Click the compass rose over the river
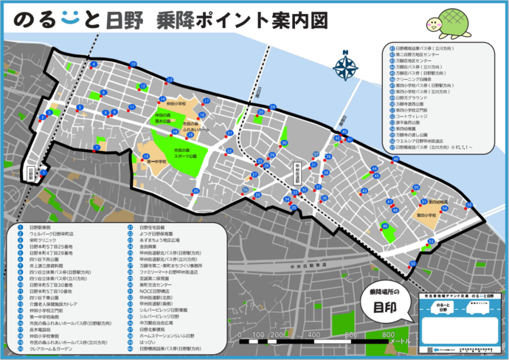tap(344, 66)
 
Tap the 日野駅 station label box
tap(30, 173)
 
